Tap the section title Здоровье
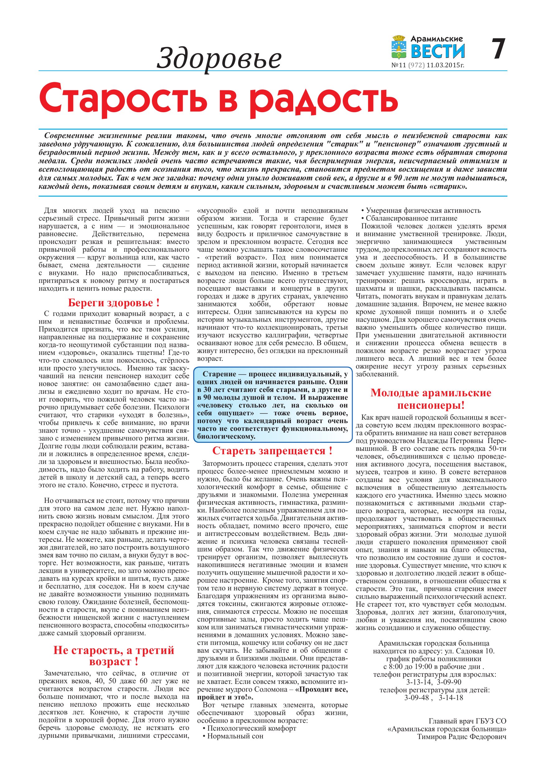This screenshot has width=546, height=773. point(219,58)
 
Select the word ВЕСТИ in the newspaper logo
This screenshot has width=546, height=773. point(438,51)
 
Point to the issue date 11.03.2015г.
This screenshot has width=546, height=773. point(445,65)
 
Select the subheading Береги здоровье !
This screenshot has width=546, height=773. point(114,303)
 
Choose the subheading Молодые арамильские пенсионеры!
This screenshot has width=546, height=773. point(431,399)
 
